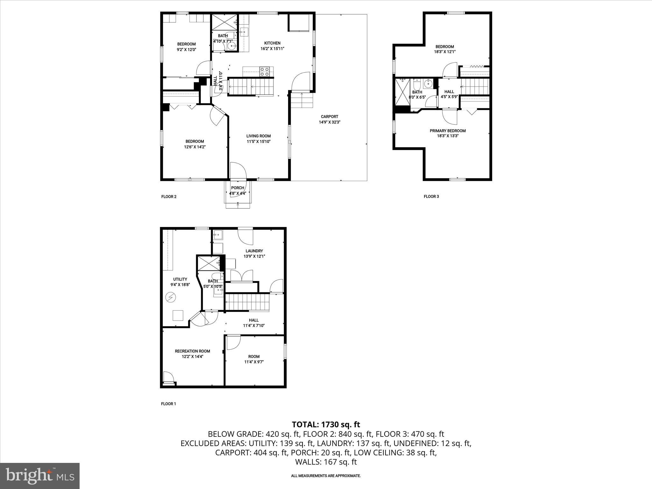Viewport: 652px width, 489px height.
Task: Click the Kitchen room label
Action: click(x=272, y=43)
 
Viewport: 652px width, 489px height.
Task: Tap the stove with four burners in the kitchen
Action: click(x=265, y=72)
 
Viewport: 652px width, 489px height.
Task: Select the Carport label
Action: click(x=330, y=117)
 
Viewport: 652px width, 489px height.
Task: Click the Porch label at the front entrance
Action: click(x=237, y=188)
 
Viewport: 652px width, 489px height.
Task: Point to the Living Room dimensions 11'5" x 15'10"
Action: click(x=259, y=141)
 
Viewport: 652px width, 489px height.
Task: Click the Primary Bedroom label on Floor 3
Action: click(x=448, y=131)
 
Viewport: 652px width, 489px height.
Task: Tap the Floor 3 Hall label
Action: click(x=449, y=92)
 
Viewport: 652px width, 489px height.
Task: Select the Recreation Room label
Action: click(x=192, y=351)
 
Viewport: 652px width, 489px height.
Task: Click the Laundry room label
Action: click(x=254, y=251)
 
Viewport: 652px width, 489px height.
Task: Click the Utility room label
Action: click(x=180, y=279)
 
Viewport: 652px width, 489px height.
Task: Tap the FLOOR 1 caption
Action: click(x=168, y=404)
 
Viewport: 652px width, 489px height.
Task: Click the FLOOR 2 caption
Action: click(x=169, y=196)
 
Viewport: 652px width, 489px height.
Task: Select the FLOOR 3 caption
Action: click(x=431, y=196)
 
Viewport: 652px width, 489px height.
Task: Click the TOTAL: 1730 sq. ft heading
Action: click(x=326, y=424)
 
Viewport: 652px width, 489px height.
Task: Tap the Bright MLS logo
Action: click(x=40, y=476)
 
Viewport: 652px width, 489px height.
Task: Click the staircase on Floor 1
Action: click(x=248, y=302)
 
